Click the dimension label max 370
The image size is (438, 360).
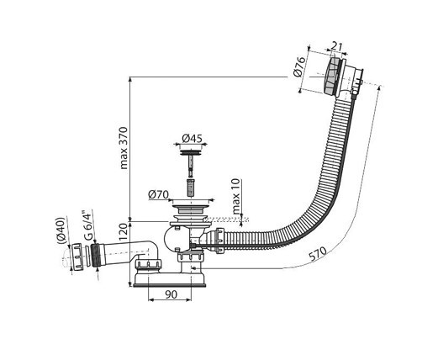click(x=124, y=148)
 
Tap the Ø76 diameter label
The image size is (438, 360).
click(x=298, y=66)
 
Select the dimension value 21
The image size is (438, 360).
click(x=336, y=45)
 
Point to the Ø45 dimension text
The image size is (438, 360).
click(x=192, y=139)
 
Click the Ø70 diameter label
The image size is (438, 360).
click(x=158, y=194)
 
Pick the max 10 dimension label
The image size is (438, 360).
click(x=236, y=196)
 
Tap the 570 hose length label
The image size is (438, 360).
click(x=318, y=253)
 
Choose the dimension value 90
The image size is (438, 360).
click(x=172, y=294)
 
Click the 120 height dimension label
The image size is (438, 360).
click(x=124, y=233)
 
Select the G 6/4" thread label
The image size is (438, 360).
click(x=87, y=225)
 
